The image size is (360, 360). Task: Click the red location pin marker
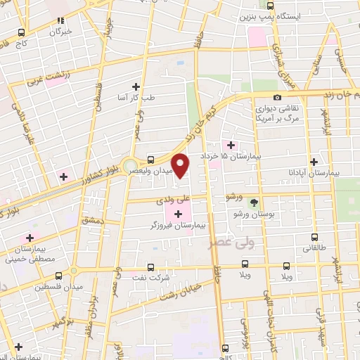coord(181,166)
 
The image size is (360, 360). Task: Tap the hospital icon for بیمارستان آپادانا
coord(314,161)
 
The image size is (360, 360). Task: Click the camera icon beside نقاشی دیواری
coord(278,97)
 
